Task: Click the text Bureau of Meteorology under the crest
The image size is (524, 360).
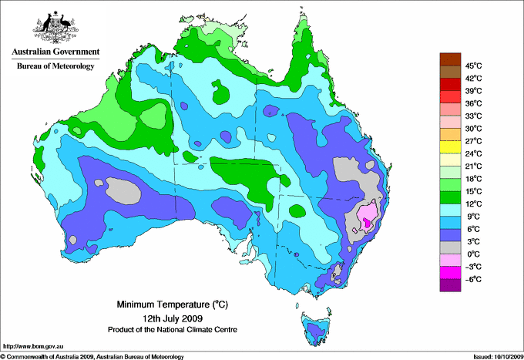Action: tap(55, 66)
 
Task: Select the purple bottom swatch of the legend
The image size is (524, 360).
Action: tap(449, 285)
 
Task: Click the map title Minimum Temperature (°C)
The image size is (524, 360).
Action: tap(171, 304)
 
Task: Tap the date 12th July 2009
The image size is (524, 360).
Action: tap(171, 318)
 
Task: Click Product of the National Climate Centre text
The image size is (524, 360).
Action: tap(171, 329)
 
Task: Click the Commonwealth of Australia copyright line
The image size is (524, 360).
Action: tap(92, 356)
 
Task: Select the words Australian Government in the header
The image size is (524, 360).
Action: tap(55, 52)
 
